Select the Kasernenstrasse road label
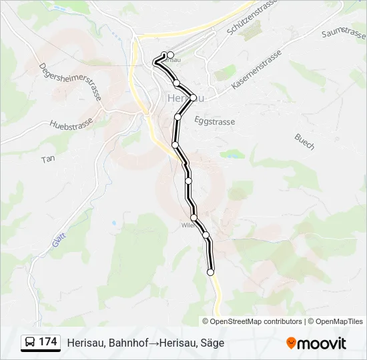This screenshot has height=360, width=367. pyautogui.click(x=257, y=71)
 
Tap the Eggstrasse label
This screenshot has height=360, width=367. pyautogui.click(x=214, y=121)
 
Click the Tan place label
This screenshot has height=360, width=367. pyautogui.click(x=48, y=159)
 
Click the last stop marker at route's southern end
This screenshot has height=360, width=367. pyautogui.click(x=211, y=272)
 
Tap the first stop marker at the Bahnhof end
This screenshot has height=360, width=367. pyautogui.click(x=170, y=55)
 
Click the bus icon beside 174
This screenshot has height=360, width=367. pyautogui.click(x=30, y=342)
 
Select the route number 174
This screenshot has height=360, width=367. pyautogui.click(x=48, y=342)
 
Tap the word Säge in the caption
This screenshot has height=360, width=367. pyautogui.click(x=213, y=343)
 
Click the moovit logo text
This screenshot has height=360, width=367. pyautogui.click(x=322, y=343)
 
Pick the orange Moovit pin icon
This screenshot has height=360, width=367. pyautogui.click(x=291, y=343)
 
